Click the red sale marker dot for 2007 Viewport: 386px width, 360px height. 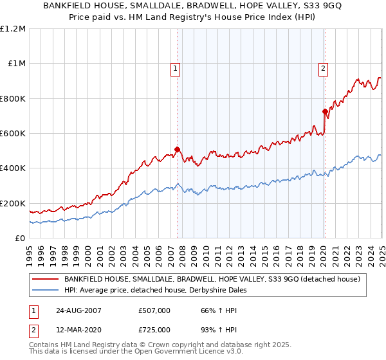[x=178, y=150]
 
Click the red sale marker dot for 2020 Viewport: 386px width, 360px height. [x=325, y=112]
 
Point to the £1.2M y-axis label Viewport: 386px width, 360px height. [x=13, y=29]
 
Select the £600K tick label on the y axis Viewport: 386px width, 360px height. [x=13, y=134]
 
